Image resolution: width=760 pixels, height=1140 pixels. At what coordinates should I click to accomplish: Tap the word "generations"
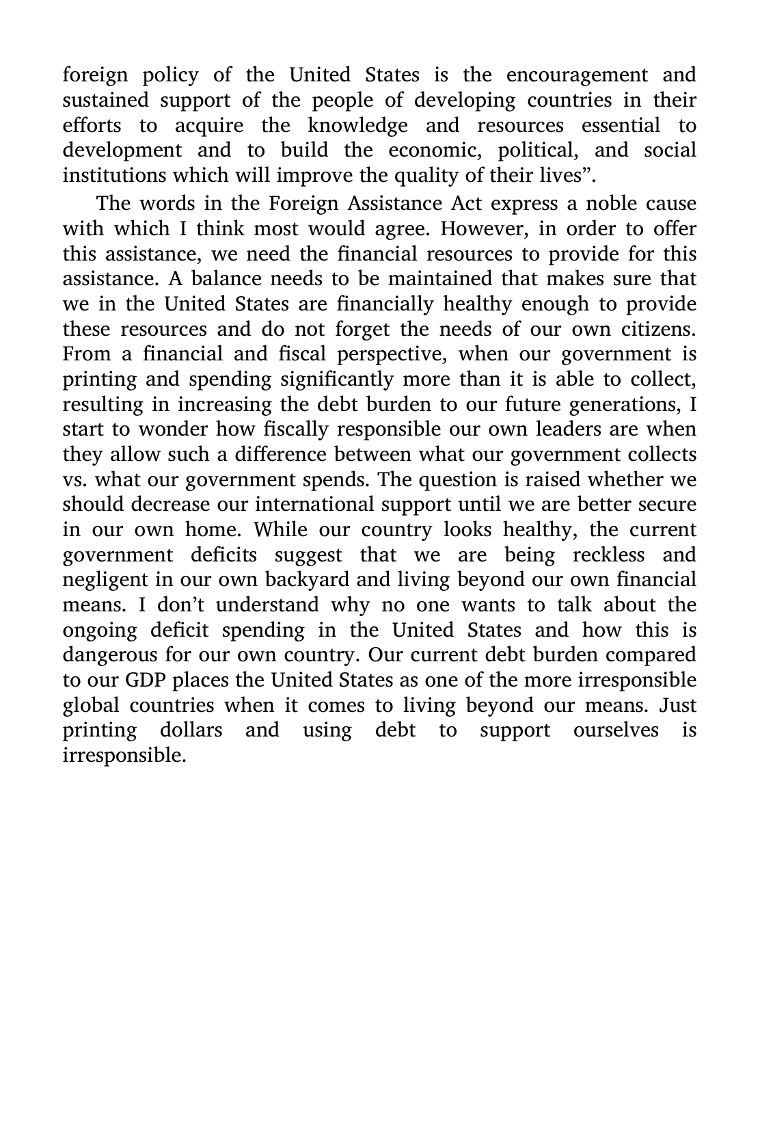pyautogui.click(x=629, y=404)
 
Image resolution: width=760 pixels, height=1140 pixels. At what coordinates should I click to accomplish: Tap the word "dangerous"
pyautogui.click(x=111, y=655)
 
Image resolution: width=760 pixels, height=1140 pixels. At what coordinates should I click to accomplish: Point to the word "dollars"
pyautogui.click(x=191, y=730)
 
